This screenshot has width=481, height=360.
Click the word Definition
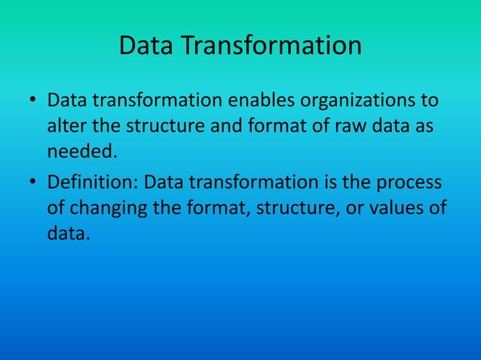tap(93, 183)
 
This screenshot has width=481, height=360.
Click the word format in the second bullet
tap(219, 209)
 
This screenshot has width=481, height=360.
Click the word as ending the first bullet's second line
tap(422, 126)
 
